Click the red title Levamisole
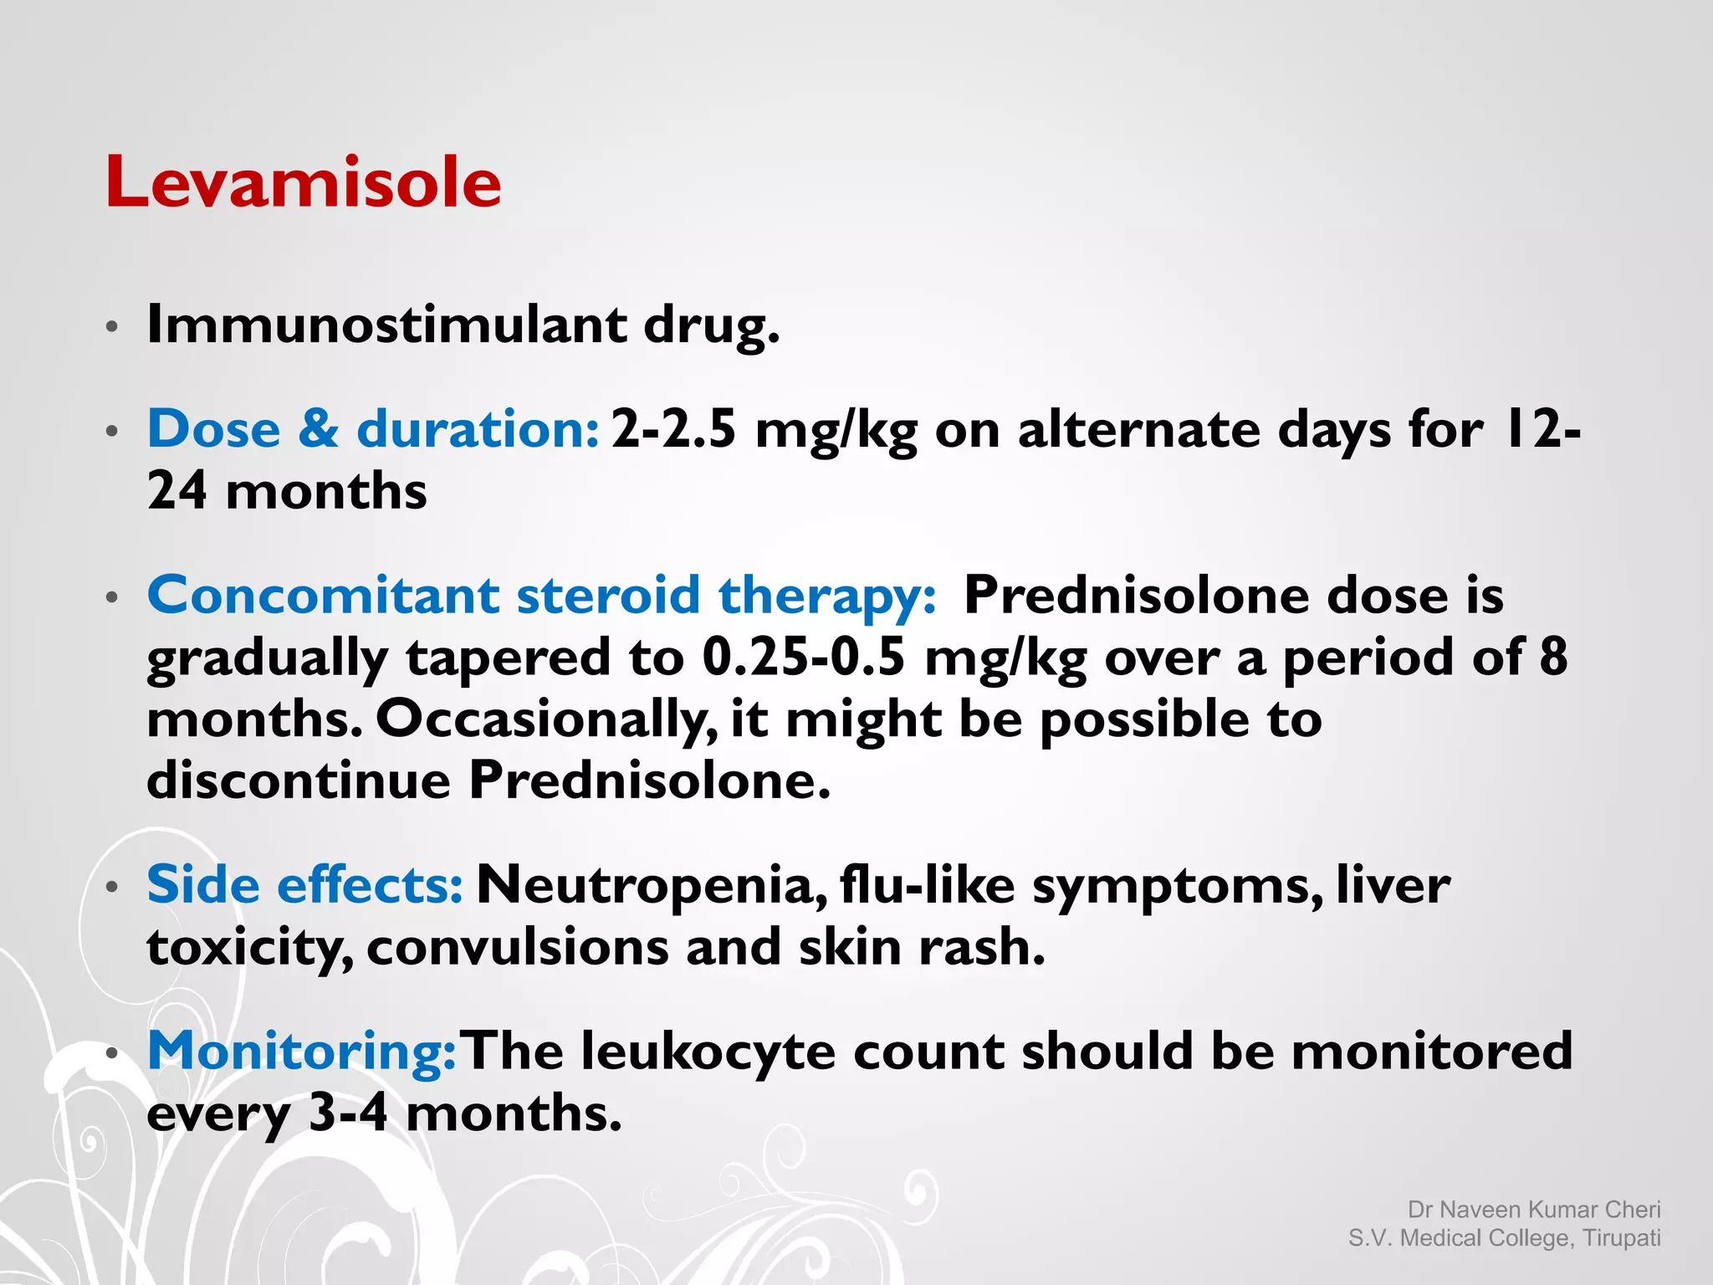303,182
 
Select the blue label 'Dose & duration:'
373,429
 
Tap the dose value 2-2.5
673,429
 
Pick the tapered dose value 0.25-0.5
803,657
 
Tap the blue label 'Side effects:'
304,884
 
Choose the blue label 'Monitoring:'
301,1051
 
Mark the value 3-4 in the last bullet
348,1113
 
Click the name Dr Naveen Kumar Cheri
1533,1210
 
